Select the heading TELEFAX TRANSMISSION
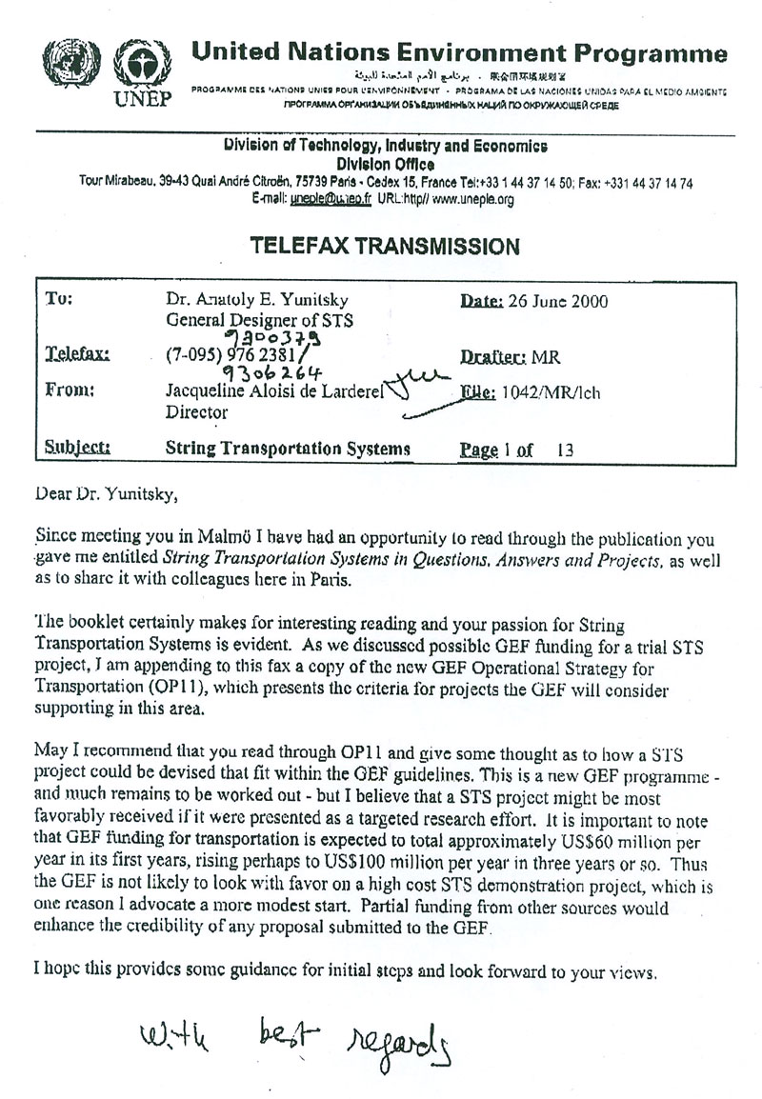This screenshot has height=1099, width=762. coord(385,247)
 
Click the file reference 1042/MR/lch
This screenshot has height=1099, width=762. coord(564,392)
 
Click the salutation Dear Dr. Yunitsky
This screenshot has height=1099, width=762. coord(106,493)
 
